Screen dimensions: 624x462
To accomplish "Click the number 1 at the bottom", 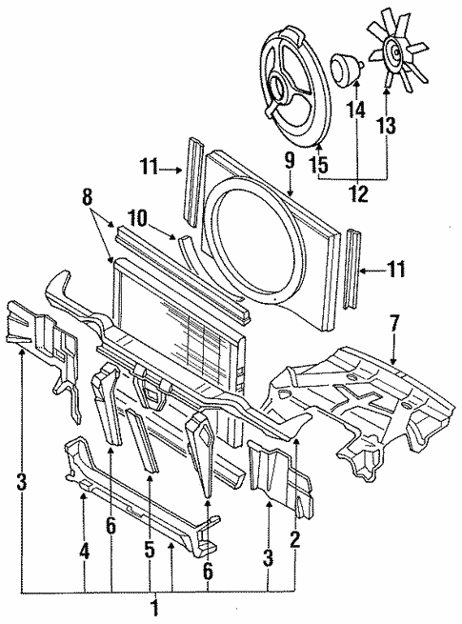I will coord(154,606).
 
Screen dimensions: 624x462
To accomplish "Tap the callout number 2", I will coord(295,538).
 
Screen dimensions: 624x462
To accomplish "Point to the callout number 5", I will coord(150,549).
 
